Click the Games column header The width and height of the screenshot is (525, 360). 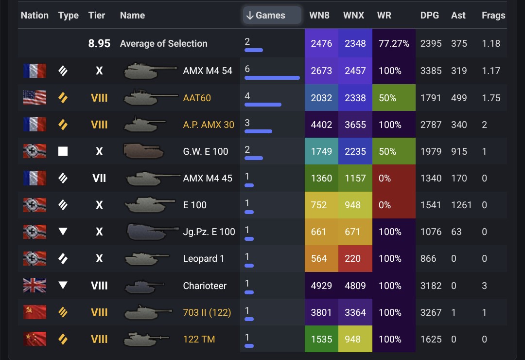click(x=271, y=15)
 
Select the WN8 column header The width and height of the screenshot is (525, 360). click(x=319, y=15)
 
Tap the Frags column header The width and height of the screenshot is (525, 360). click(x=493, y=15)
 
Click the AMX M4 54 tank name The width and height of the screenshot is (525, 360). click(x=208, y=71)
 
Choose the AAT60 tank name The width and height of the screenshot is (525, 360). click(x=197, y=98)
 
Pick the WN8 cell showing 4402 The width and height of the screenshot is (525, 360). click(x=321, y=125)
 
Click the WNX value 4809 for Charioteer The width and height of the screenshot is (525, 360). click(x=355, y=286)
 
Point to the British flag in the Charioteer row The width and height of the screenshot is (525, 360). click(x=35, y=286)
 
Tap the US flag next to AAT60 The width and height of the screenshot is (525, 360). click(x=35, y=98)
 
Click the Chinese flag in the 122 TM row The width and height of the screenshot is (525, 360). click(x=35, y=339)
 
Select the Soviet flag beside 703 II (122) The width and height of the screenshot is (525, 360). click(x=35, y=312)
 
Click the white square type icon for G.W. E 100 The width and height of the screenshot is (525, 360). click(x=63, y=151)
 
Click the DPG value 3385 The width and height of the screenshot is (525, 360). click(x=431, y=71)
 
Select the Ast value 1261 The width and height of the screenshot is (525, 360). click(x=461, y=205)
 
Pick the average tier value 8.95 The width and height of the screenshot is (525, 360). click(x=99, y=43)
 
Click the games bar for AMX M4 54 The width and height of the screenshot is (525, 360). click(x=272, y=78)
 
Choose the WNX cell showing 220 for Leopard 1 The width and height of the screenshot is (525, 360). click(x=355, y=259)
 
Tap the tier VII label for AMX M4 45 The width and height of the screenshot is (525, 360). click(x=99, y=178)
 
